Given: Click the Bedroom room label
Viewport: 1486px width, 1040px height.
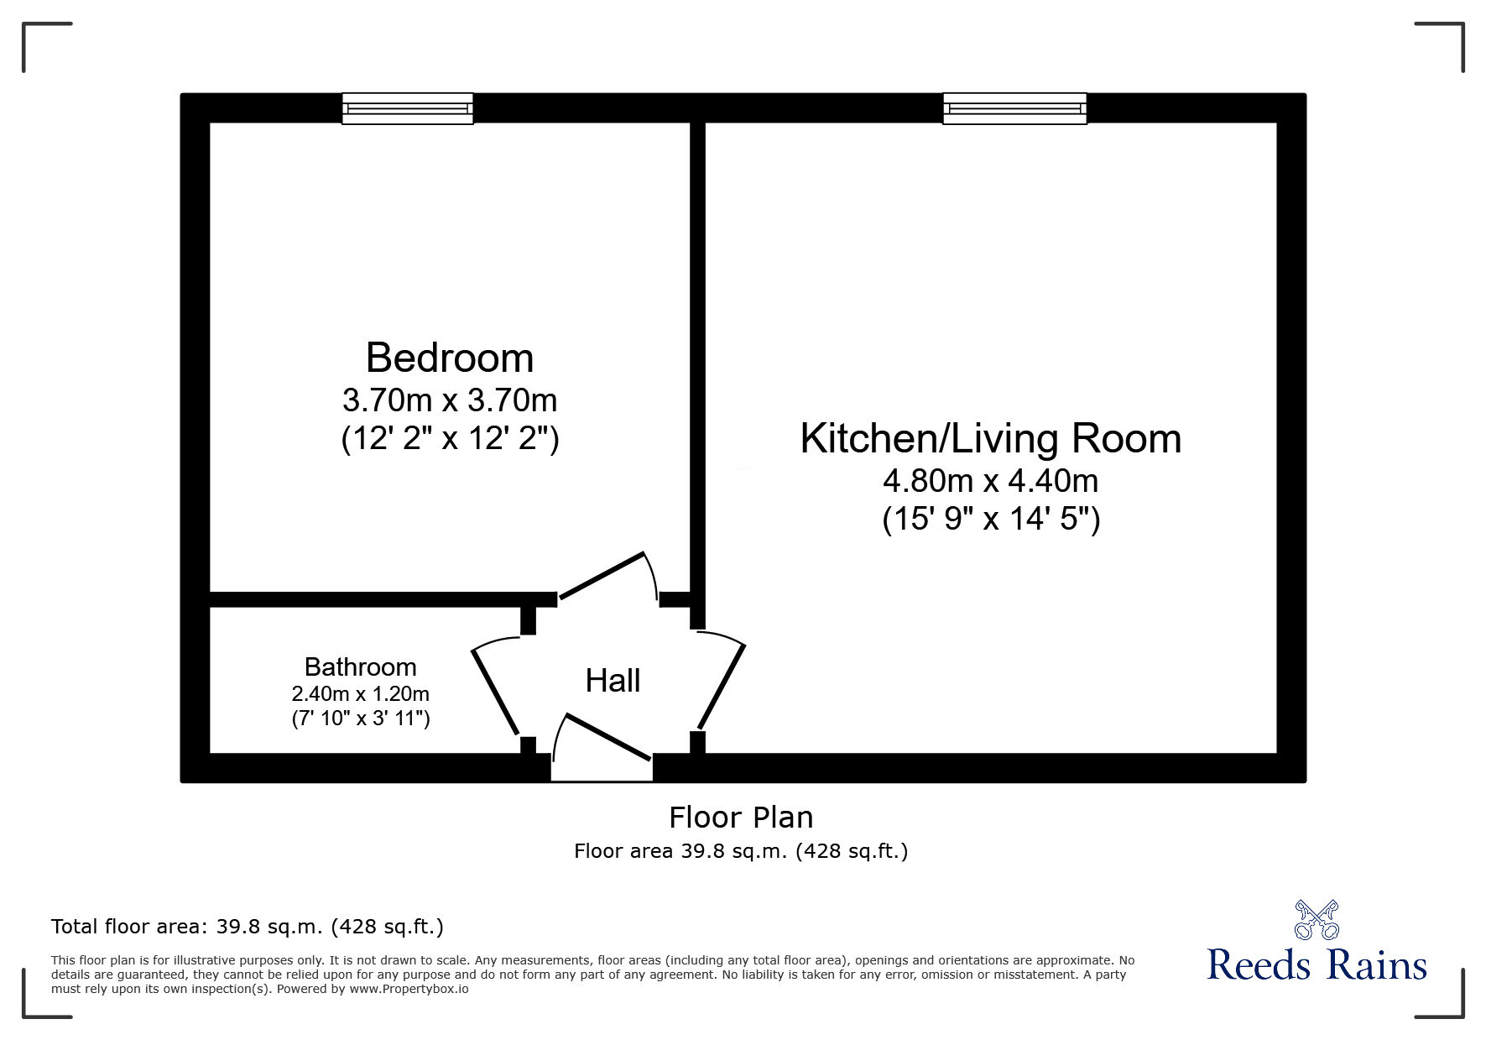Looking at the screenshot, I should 450,358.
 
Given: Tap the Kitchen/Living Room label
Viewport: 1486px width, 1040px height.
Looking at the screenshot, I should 990,439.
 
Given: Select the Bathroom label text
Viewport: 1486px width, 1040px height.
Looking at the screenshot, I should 360,667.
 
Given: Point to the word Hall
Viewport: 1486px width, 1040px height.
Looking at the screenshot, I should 613,681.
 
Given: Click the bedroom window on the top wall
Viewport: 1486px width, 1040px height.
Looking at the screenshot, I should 408,109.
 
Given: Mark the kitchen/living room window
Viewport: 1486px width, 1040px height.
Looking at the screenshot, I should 1014,109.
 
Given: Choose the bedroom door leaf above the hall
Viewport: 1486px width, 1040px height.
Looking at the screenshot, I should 602,576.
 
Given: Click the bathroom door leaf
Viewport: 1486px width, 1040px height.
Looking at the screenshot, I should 495,691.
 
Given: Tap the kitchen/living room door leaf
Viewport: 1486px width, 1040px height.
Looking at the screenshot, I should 722,686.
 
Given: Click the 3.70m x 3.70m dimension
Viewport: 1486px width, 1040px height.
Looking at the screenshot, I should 450,400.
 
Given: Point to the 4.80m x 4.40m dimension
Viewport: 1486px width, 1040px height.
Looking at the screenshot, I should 990,481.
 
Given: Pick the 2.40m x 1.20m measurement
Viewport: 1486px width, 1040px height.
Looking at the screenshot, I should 360,694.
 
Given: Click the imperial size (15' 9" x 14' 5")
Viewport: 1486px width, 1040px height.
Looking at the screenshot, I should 990,520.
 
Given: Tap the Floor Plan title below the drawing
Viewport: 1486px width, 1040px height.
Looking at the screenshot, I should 741,817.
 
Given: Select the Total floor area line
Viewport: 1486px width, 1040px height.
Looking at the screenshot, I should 248,927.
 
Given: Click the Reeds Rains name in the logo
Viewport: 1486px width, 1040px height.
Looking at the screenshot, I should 1317,965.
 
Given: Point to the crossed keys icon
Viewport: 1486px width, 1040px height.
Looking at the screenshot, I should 1317,920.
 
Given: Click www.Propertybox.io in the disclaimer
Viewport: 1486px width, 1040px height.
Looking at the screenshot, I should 409,989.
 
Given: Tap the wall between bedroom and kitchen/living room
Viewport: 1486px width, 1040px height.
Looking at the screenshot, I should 697,353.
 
